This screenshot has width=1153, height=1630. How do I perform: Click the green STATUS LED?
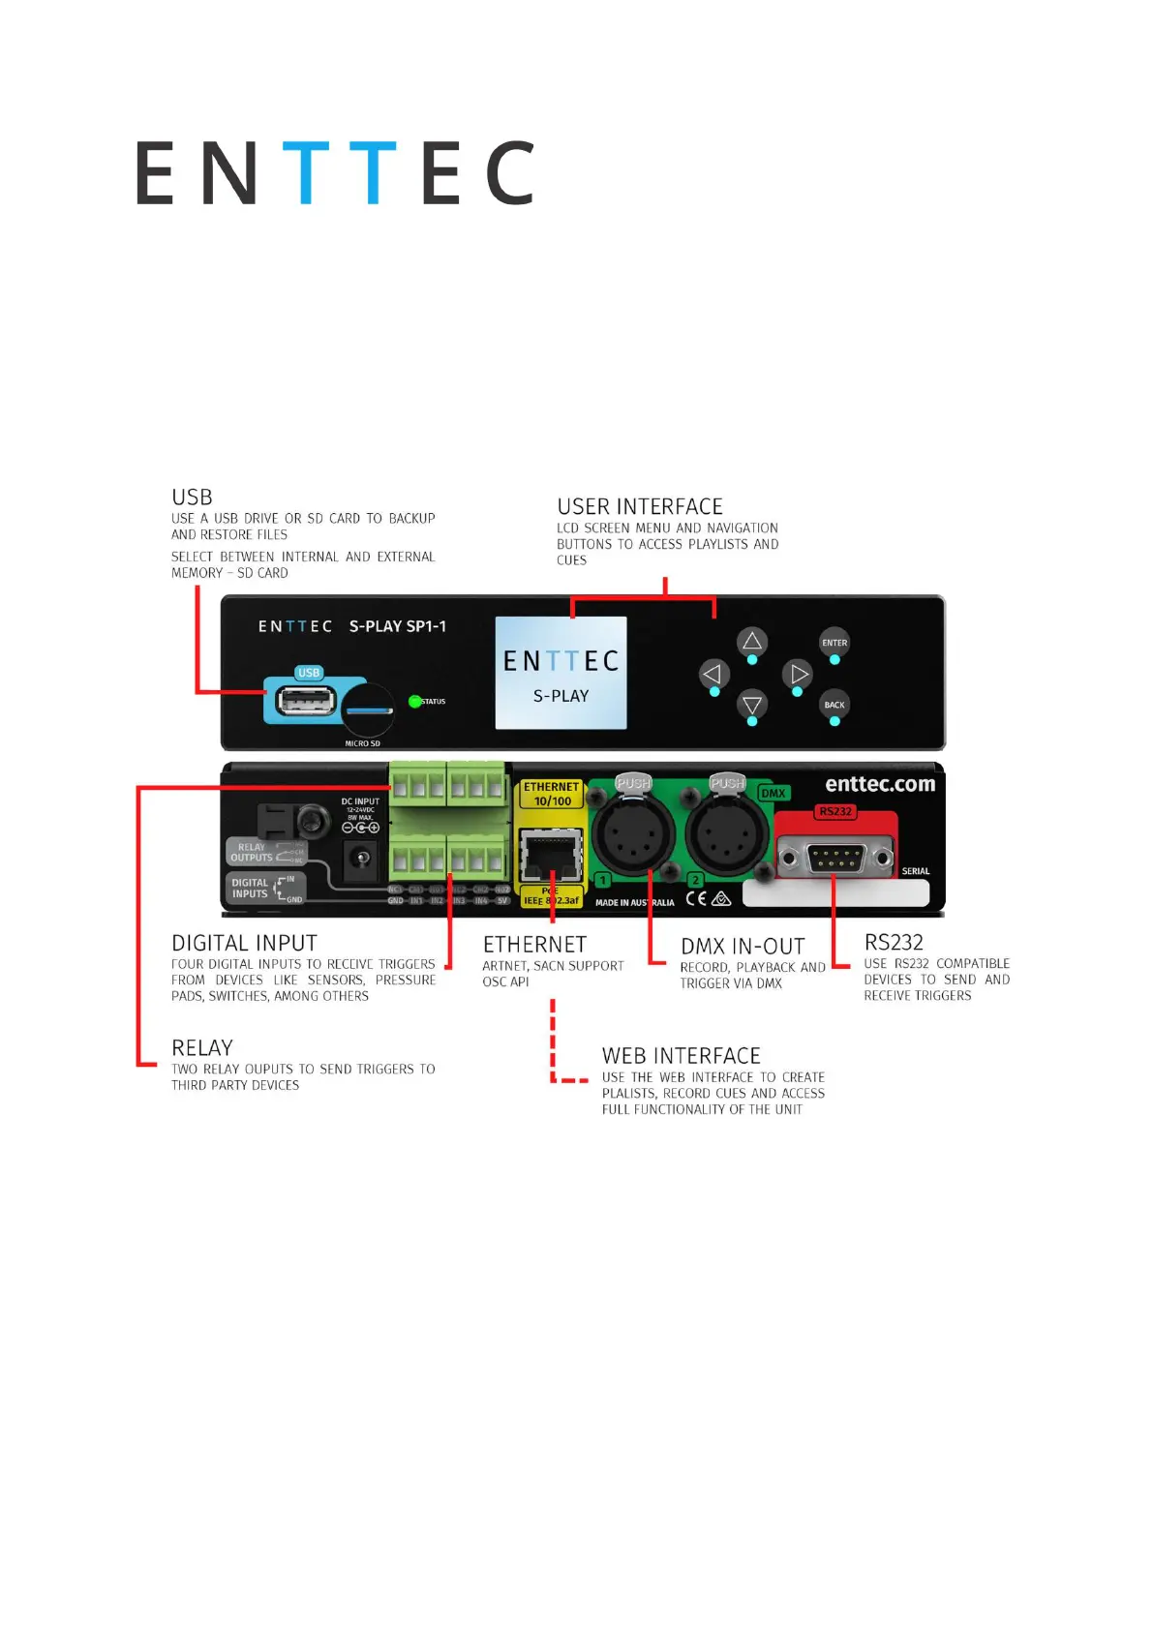coord(415,702)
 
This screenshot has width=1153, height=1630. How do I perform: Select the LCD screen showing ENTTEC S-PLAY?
coord(561,673)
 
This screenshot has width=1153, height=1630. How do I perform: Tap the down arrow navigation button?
coord(752,705)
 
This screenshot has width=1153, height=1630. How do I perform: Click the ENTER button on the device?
coord(834,643)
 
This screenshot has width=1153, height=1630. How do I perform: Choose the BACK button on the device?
coord(834,705)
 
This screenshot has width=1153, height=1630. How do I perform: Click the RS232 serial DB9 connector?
coord(835,858)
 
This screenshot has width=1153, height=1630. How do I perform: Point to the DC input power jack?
coord(360,858)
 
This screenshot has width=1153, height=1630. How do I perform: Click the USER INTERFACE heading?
coord(640,507)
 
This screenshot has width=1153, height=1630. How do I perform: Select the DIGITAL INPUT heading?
coord(244,944)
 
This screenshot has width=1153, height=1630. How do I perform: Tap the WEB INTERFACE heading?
coord(681,1056)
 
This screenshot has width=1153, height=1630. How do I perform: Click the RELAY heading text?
coord(202,1048)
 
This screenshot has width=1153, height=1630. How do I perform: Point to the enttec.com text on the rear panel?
coord(879,785)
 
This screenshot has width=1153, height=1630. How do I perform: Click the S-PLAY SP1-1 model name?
coord(398,626)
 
